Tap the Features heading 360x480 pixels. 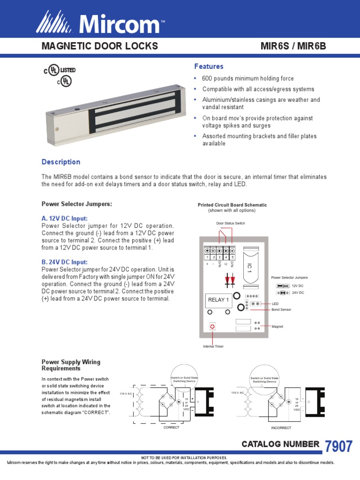pyautogui.click(x=209, y=67)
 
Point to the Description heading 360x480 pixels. pyautogui.click(x=61, y=162)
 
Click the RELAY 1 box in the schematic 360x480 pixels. pyautogui.click(x=218, y=300)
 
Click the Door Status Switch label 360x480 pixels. pyautogui.click(x=231, y=223)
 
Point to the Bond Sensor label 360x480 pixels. pyautogui.click(x=281, y=309)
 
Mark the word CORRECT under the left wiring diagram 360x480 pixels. pyautogui.click(x=171, y=427)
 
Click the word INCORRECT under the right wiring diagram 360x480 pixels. pyautogui.click(x=281, y=427)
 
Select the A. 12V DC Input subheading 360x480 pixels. pyautogui.click(x=65, y=218)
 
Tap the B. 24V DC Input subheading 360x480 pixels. pyautogui.click(x=65, y=262)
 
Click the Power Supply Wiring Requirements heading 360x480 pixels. pyautogui.click(x=71, y=365)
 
